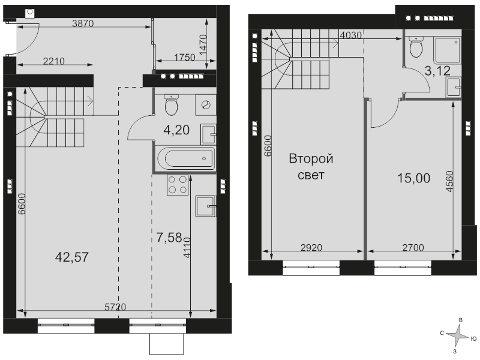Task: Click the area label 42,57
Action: click(72, 257)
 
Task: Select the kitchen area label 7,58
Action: click(169, 238)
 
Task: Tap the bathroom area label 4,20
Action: click(176, 130)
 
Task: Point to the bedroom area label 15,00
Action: click(413, 178)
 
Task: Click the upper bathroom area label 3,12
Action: click(438, 71)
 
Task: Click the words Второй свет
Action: click(311, 167)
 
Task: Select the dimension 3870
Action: click(83, 23)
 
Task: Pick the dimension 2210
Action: click(54, 62)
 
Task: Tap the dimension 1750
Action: click(185, 57)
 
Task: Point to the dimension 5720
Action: click(115, 307)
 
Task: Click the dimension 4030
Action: click(351, 35)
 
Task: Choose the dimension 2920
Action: click(311, 247)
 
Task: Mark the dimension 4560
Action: click(449, 181)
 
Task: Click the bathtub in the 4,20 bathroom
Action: click(186, 158)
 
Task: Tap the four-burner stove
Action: click(177, 185)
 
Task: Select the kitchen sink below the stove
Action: click(205, 206)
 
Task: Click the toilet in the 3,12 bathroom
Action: click(416, 47)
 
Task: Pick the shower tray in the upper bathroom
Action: click(448, 51)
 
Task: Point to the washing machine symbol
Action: click(206, 105)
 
